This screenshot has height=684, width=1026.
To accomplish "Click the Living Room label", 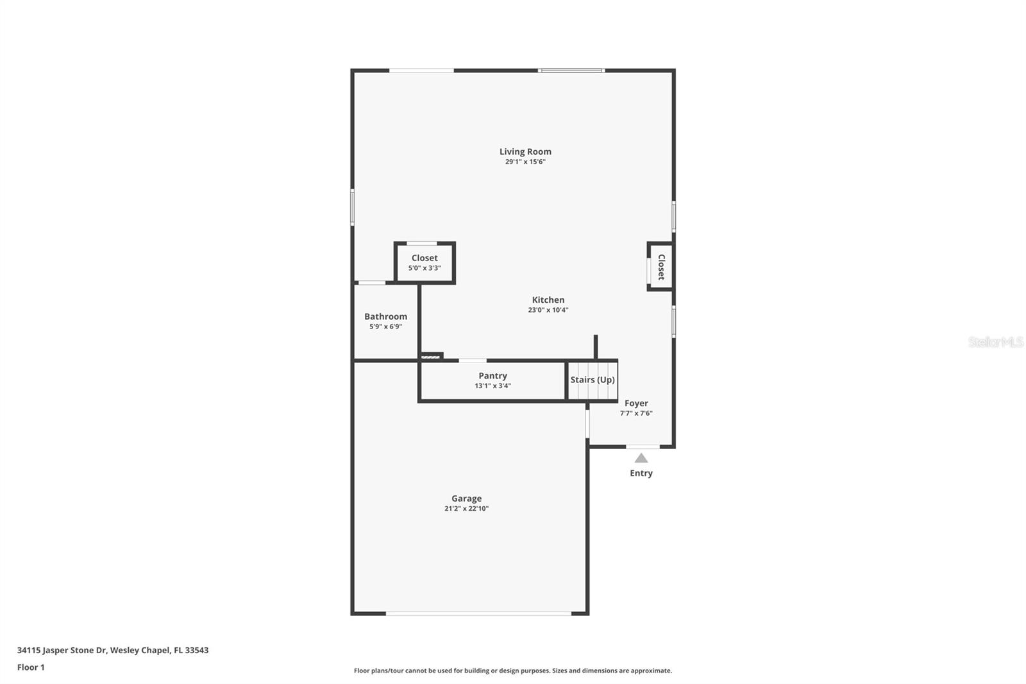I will pos(525,151).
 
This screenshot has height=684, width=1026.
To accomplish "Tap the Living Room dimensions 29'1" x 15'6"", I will pos(525,162).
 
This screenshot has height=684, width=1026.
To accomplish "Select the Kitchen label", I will pos(548,300).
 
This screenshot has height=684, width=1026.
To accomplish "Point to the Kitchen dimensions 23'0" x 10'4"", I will pos(548,310).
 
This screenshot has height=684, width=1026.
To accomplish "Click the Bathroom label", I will pos(385,316).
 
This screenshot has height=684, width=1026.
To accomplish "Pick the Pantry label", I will pos(492,376).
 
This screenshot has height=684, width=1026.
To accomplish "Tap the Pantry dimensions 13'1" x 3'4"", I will pos(492,386).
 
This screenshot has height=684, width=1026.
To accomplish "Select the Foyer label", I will pos(636,404).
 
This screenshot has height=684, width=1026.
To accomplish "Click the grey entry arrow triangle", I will pos(641,458).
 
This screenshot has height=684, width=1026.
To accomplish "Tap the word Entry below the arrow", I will pos(641,473).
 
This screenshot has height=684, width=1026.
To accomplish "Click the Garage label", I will pos(466,499).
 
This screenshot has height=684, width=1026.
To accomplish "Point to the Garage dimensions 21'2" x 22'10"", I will pos(466,508).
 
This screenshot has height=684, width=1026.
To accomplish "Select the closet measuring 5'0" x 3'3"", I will pos(425,262).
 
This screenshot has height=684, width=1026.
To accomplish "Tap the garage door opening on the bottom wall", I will pos(478,613).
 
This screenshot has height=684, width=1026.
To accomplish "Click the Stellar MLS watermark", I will pos(995,342).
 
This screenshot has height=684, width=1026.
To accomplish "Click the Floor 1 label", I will pos(31,667).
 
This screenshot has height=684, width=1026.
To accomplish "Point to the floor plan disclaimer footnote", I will pos(513,671).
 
